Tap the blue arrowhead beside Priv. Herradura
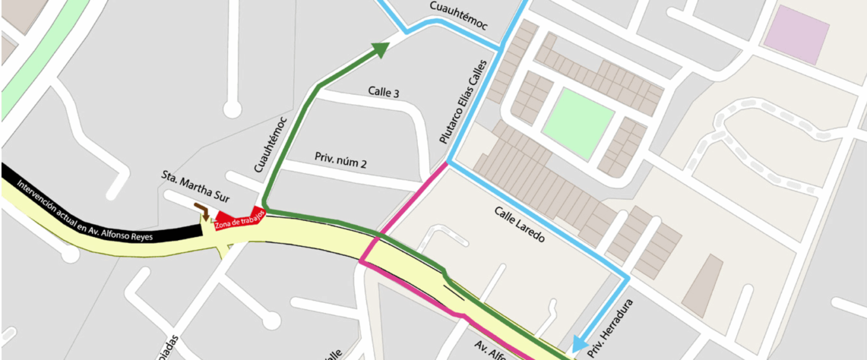coord(579,344)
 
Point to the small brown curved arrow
coord(202,211)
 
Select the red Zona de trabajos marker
coord(240,220)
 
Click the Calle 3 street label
coord(384,92)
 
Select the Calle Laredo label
coord(520,224)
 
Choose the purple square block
coord(796,36)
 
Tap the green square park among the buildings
coord(578,124)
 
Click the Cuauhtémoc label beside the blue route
coord(458,16)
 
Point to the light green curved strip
coord(36,60)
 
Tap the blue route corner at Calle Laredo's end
coord(628,279)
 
